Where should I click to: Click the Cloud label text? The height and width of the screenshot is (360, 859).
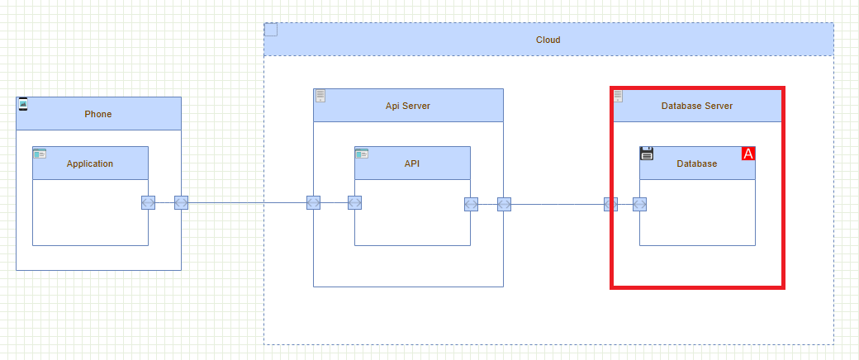point(548,40)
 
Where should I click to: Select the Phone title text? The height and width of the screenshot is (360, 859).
point(97,114)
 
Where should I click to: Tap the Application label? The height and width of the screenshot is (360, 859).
point(90,163)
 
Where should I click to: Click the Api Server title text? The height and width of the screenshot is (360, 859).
point(407,106)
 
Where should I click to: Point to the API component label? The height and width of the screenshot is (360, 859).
point(412,163)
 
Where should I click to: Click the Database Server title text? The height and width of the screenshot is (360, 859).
point(696,106)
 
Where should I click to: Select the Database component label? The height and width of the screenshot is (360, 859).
point(696,163)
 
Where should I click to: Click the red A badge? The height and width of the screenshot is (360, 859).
point(748,154)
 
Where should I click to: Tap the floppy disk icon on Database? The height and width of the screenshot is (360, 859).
point(647,153)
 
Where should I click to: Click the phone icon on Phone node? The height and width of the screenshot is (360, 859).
point(23,103)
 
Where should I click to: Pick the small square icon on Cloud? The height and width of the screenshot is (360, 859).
point(271,30)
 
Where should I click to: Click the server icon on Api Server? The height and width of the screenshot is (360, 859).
point(320,96)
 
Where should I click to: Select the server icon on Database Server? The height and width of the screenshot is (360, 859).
point(618,96)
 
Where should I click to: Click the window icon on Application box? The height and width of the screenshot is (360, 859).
point(40,153)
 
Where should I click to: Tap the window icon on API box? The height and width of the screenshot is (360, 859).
point(362,153)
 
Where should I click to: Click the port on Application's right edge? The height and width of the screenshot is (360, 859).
point(148,203)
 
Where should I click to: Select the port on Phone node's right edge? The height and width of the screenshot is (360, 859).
point(181,203)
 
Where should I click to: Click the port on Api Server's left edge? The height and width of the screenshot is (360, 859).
point(313,203)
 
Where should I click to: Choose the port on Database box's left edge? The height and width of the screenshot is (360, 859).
point(639,204)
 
